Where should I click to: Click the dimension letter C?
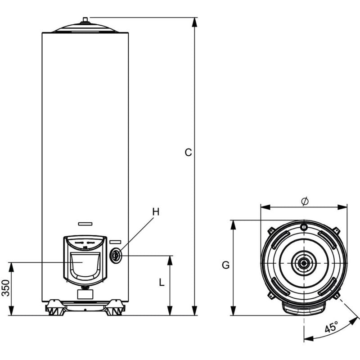[189, 153]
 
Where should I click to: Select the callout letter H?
[156, 211]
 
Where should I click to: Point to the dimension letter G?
[225, 265]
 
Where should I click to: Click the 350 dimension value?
[5, 288]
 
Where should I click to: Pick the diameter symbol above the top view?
[304, 202]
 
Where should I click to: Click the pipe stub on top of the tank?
[85, 19]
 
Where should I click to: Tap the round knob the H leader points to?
[116, 255]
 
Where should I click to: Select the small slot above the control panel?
[85, 223]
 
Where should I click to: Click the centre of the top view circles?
[304, 263]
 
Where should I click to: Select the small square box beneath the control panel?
[85, 294]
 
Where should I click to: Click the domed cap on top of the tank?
[85, 28]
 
